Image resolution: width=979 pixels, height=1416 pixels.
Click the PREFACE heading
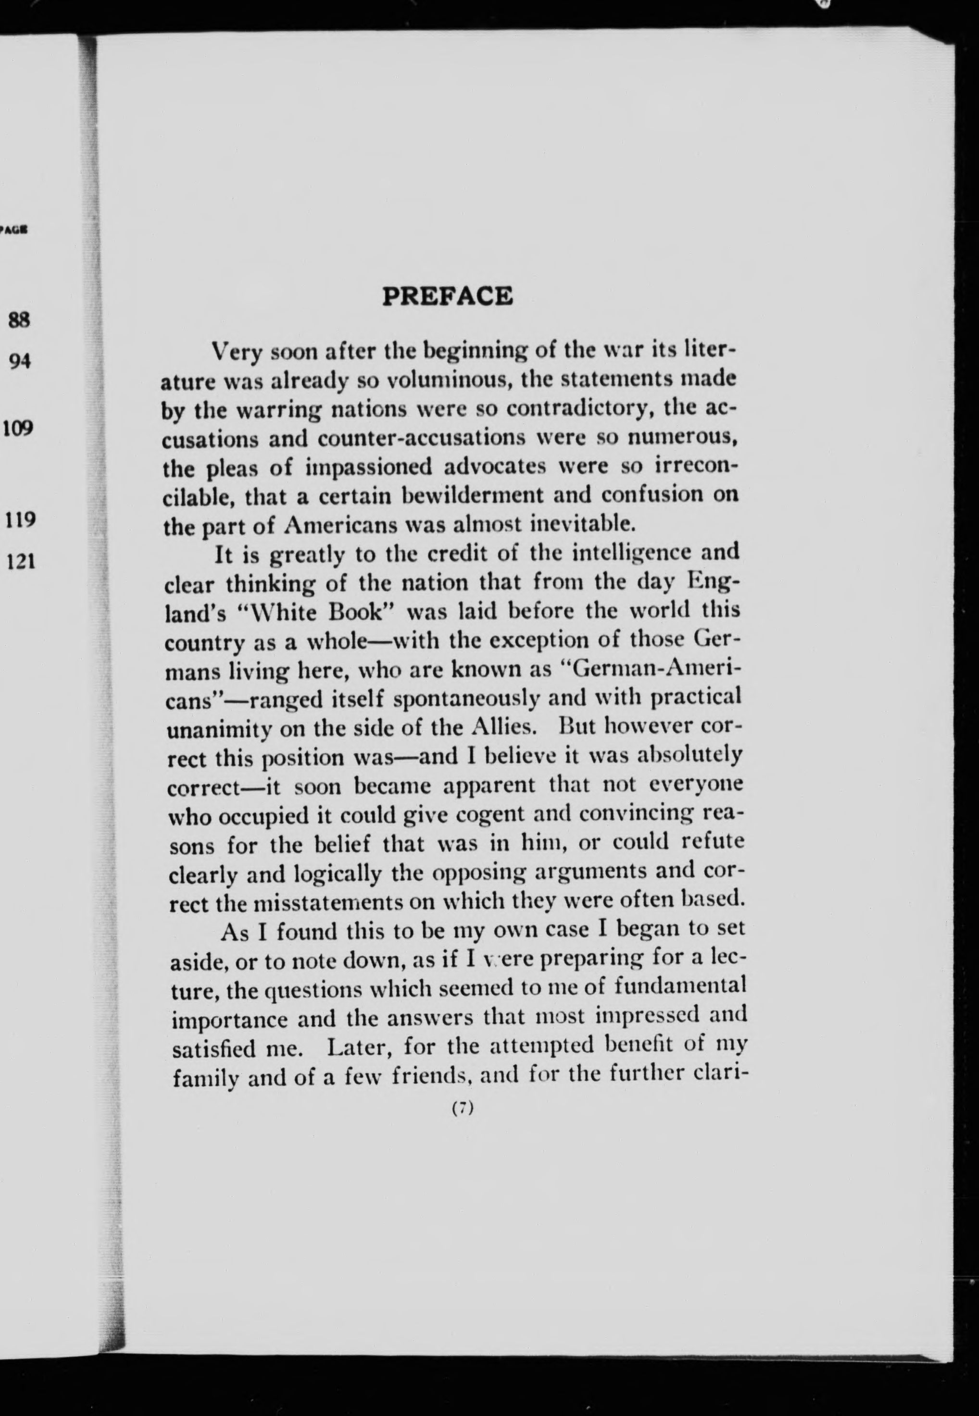tap(447, 296)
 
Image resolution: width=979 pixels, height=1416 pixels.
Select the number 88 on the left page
tap(19, 320)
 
